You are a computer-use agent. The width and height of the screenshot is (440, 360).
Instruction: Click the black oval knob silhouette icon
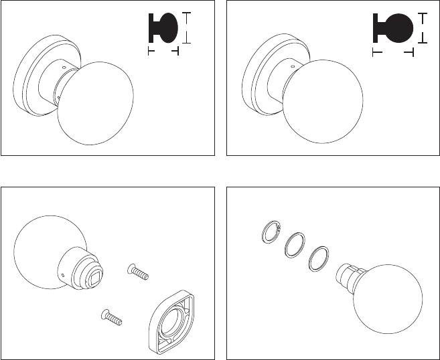point(163,29)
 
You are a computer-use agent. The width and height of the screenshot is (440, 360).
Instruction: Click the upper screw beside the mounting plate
point(137,272)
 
